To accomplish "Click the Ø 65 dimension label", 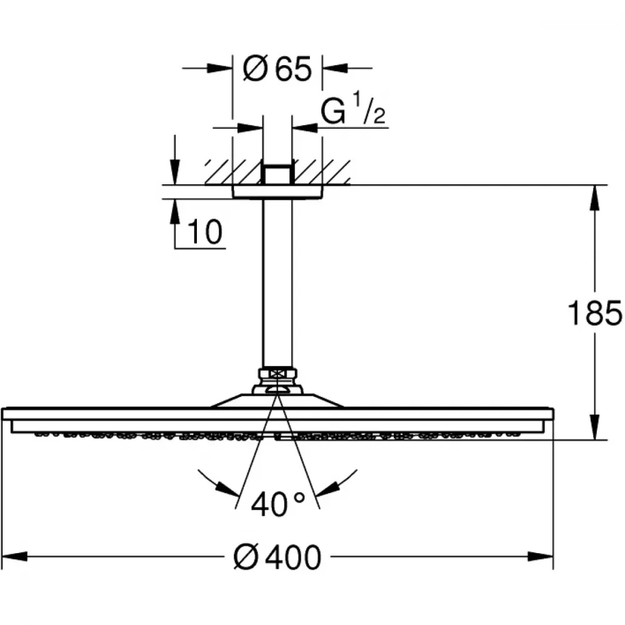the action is (277, 69).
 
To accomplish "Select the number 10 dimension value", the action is (204, 232).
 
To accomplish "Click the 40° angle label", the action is (278, 504).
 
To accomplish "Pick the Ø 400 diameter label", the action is (277, 557).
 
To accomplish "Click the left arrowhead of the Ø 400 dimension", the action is (15, 556).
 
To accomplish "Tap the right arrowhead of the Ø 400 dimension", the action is (541, 556).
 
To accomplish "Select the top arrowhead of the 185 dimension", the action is (594, 198).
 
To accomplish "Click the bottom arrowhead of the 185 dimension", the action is (594, 427).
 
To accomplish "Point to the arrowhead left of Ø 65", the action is (219, 68).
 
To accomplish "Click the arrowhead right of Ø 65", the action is (335, 68).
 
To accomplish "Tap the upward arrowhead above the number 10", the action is (174, 212).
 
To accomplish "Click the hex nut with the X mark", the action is (277, 374).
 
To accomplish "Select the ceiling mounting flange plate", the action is (277, 192).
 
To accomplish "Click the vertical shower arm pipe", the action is (277, 283).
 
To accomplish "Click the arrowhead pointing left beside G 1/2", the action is (305, 128).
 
